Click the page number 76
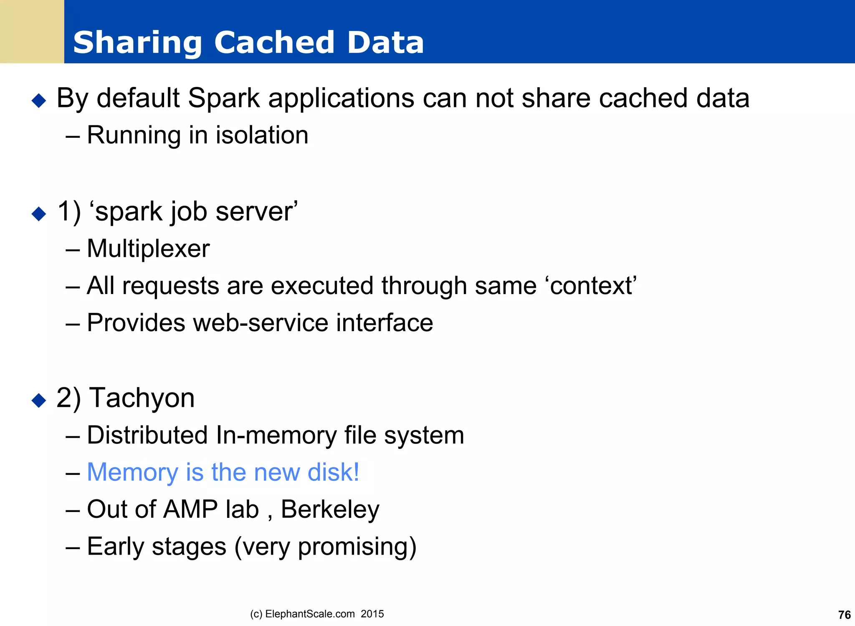[x=844, y=615]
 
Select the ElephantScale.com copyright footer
[x=317, y=614]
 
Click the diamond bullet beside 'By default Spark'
[x=39, y=101]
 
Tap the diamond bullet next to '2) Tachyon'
[x=39, y=400]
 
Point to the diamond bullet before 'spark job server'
[x=39, y=214]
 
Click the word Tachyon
[x=142, y=398]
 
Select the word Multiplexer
[x=148, y=248]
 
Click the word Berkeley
[x=330, y=509]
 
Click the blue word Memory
[x=132, y=472]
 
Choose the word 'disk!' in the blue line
[x=333, y=472]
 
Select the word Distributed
[x=147, y=435]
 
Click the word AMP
[x=190, y=509]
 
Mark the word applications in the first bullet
[x=341, y=99]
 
